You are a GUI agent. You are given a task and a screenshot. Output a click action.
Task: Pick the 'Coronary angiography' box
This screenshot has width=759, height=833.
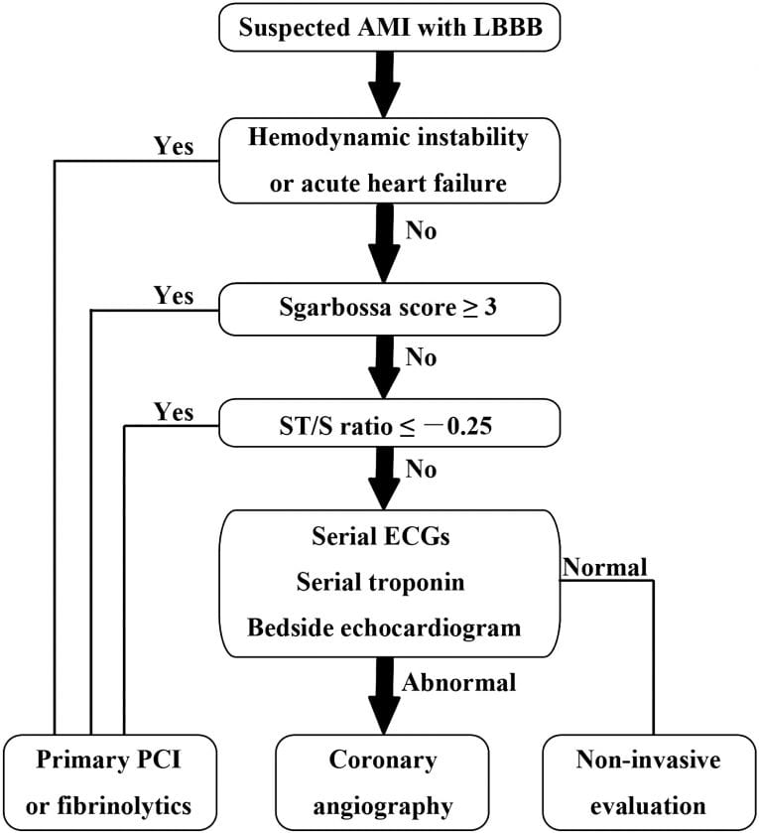click(x=383, y=781)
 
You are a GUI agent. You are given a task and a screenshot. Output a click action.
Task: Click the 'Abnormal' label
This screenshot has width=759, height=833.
click(x=459, y=682)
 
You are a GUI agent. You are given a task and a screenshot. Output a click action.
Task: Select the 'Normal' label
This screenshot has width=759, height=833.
click(x=604, y=567)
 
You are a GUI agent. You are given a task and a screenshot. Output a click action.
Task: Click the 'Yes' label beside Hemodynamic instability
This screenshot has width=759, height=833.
click(x=175, y=146)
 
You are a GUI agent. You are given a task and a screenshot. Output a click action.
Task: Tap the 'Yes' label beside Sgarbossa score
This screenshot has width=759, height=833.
click(x=175, y=295)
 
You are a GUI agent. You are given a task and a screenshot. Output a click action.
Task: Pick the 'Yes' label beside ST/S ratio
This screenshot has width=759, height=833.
click(x=175, y=410)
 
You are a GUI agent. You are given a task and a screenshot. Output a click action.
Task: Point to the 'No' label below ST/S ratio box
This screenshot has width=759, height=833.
click(x=422, y=469)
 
